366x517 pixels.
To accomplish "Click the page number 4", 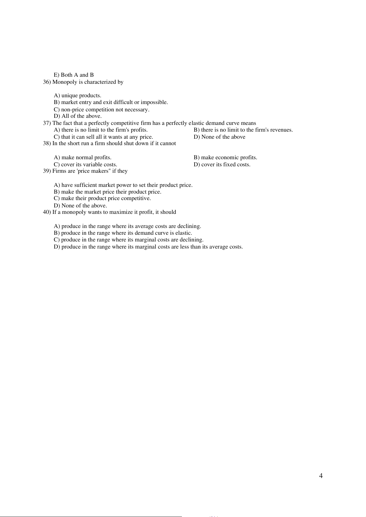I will click(x=321, y=476).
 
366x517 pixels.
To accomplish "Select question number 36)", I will click(x=47, y=82).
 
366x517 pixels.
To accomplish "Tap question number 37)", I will click(x=47, y=123).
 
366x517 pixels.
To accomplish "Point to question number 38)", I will click(x=47, y=143).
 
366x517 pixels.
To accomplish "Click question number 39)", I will click(x=47, y=171).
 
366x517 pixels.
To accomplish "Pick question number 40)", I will click(x=47, y=212).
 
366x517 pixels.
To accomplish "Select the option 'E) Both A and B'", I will click(x=74, y=75).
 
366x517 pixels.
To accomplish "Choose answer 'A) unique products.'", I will click(x=77, y=95).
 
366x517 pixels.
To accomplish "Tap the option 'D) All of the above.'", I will click(x=77, y=116).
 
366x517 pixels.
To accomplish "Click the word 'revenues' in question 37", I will click(x=281, y=130).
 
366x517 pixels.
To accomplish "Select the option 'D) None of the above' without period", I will click(x=219, y=137).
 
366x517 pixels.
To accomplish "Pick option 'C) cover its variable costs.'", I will click(x=85, y=164).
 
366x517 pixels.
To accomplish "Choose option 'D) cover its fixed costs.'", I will click(x=222, y=164).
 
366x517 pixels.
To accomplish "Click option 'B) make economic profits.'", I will click(x=225, y=157).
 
